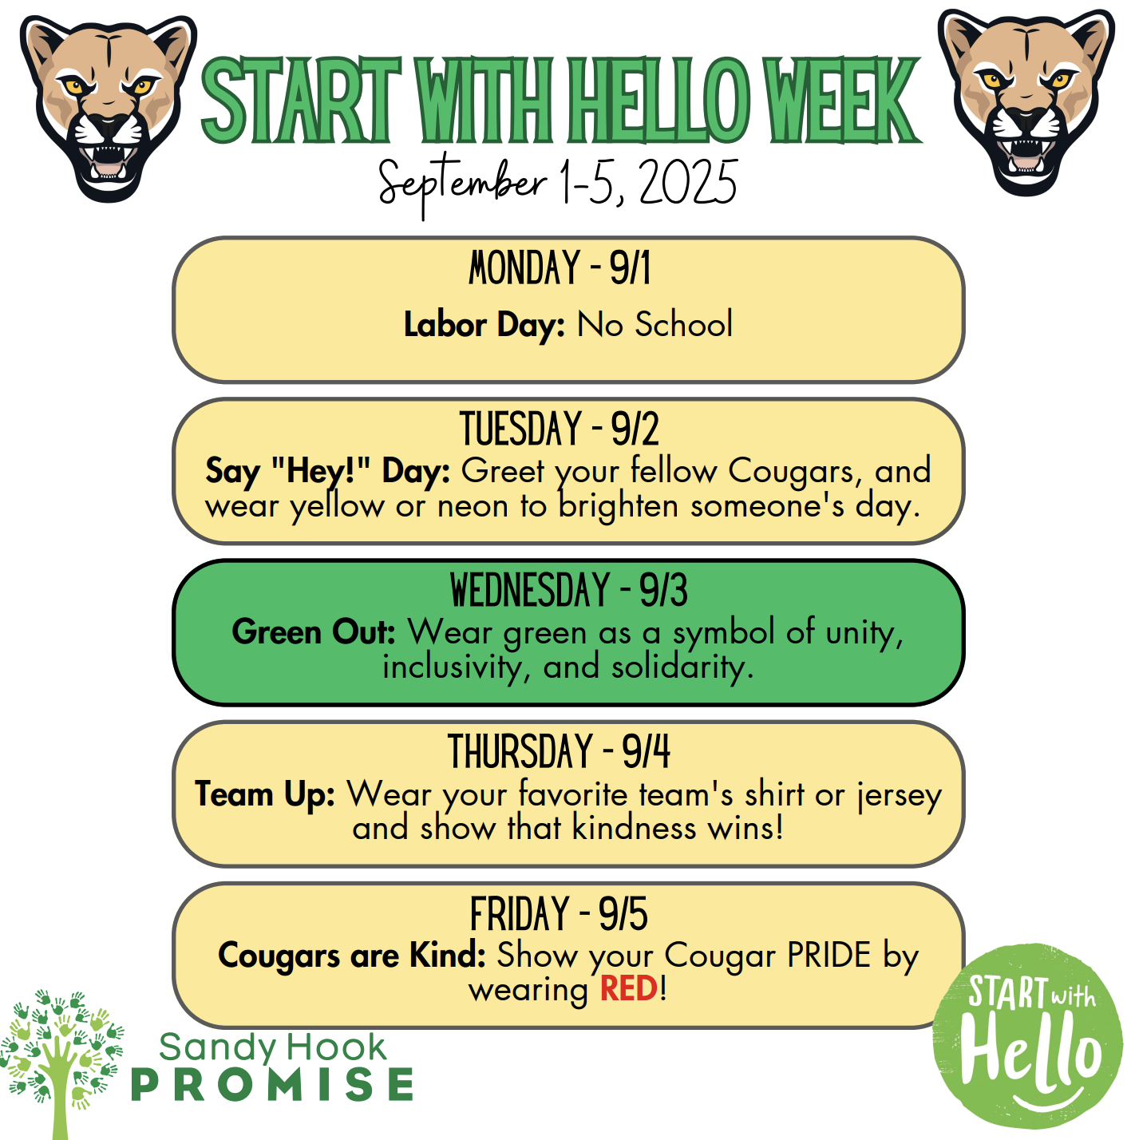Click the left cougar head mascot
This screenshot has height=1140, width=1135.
pyautogui.click(x=108, y=108)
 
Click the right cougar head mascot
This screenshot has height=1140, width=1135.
pyautogui.click(x=1026, y=102)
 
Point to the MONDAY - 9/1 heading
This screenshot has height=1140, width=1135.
pyautogui.click(x=560, y=268)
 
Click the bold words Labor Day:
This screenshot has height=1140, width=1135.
pyautogui.click(x=484, y=325)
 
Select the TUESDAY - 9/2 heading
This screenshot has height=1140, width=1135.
pyautogui.click(x=560, y=429)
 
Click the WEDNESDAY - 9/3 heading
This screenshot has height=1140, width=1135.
pyautogui.click(x=568, y=591)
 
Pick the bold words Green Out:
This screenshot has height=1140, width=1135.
pyautogui.click(x=314, y=632)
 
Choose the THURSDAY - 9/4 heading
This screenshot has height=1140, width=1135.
pyautogui.click(x=559, y=752)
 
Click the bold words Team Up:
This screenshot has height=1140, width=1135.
pyautogui.click(x=265, y=794)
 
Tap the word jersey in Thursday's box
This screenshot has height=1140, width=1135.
pyautogui.click(x=900, y=796)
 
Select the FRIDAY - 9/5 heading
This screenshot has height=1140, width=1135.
pyautogui.click(x=559, y=915)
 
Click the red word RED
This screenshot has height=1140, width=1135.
pyautogui.click(x=629, y=989)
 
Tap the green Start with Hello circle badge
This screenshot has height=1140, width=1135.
pyautogui.click(x=1028, y=1036)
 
